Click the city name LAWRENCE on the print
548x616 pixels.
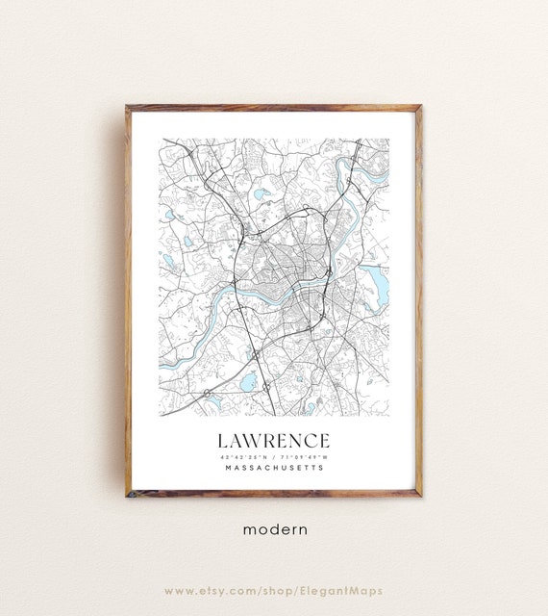pos(274,440)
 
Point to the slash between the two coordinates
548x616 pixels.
pos(274,456)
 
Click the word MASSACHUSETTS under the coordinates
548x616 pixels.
pos(274,469)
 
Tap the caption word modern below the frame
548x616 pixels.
pos(274,528)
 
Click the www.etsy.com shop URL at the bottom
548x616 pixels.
pos(274,590)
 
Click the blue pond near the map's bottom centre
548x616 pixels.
pos(248,383)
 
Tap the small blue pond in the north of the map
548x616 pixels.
pos(261,193)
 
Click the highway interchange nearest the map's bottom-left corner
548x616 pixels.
pos(207,393)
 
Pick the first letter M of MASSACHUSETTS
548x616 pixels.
pos(226,469)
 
